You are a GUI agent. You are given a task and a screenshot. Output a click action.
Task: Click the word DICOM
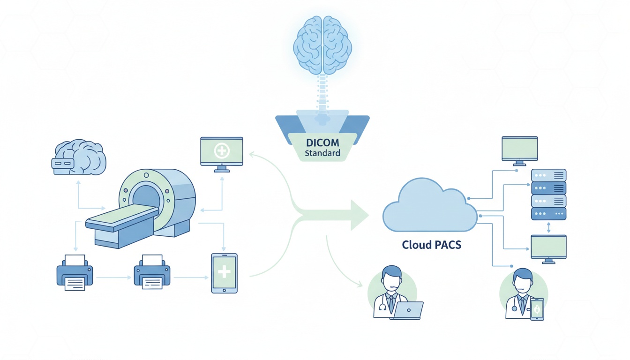(x=322, y=142)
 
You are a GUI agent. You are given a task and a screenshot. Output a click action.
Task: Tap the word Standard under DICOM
(x=322, y=153)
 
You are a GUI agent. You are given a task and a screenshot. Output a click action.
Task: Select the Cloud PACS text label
(x=431, y=245)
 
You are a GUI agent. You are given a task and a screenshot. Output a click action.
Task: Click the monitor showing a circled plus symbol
(x=221, y=151)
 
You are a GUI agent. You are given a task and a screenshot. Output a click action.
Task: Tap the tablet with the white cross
(x=224, y=273)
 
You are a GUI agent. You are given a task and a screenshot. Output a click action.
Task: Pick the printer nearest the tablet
(x=152, y=273)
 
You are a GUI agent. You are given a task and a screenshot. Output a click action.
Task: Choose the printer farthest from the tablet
(x=75, y=273)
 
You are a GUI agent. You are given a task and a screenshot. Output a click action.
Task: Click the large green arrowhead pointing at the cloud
(x=359, y=215)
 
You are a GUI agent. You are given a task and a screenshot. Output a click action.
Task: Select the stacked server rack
(x=548, y=195)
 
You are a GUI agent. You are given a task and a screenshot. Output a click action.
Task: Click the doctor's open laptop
(x=408, y=310)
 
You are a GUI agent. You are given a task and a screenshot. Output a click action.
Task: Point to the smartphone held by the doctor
(x=537, y=309)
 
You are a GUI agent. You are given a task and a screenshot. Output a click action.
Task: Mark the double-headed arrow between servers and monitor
(x=549, y=227)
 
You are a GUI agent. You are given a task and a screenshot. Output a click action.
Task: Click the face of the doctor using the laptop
(x=391, y=279)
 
